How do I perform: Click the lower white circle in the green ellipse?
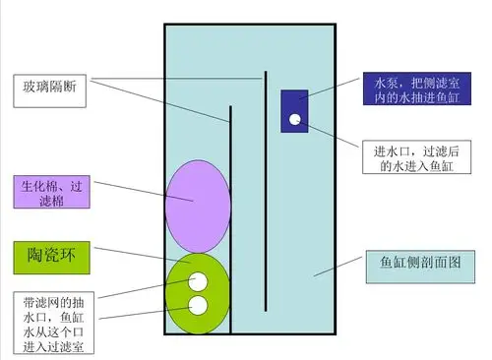click(198, 305)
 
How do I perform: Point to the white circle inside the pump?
click(294, 121)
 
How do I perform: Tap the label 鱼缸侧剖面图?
click(420, 264)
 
